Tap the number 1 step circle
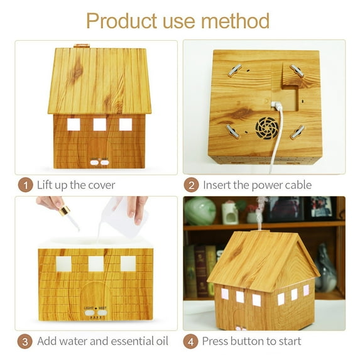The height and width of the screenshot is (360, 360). (x=25, y=185)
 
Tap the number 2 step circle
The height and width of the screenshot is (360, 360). (x=191, y=185)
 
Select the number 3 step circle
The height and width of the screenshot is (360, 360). (x=25, y=341)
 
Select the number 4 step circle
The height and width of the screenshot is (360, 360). (x=191, y=341)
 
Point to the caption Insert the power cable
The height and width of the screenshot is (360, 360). (x=257, y=185)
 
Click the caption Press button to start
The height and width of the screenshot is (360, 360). (x=251, y=341)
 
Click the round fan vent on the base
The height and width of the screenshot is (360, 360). (x=266, y=128)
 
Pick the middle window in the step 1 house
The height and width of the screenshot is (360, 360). (x=99, y=124)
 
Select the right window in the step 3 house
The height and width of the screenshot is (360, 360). (x=128, y=263)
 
